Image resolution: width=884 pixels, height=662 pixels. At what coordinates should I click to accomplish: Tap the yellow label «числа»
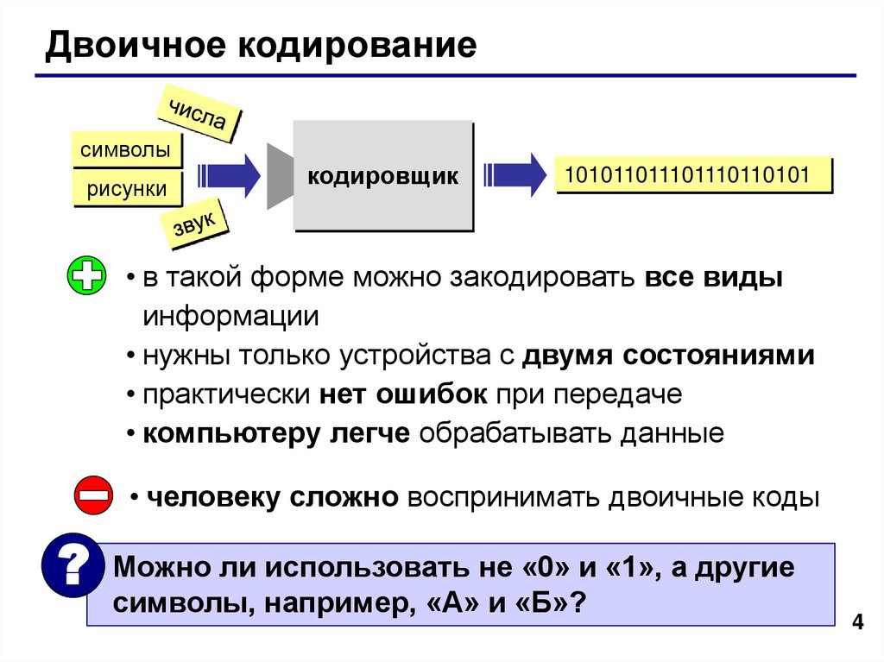point(198,117)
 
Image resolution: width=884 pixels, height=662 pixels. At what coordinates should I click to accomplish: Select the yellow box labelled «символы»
point(125,149)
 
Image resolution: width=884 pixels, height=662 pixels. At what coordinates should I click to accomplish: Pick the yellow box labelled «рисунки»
point(126,189)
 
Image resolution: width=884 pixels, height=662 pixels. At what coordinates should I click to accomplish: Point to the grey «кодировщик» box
point(383,176)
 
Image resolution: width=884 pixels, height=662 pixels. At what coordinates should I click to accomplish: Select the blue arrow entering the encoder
point(229,176)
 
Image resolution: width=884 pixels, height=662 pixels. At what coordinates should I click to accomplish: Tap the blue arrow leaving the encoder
point(515,175)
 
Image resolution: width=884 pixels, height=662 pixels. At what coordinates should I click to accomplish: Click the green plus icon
point(87,277)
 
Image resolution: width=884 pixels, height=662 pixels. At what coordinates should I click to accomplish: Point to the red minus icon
point(92,496)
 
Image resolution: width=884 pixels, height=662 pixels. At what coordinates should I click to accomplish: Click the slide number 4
point(857,623)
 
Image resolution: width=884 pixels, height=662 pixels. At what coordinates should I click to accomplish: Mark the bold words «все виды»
point(713,278)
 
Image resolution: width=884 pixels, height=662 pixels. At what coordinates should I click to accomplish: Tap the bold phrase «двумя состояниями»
point(668,355)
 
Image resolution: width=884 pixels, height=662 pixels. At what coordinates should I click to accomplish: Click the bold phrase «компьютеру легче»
point(276,432)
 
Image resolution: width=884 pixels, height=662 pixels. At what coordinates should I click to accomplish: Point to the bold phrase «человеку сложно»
point(272,498)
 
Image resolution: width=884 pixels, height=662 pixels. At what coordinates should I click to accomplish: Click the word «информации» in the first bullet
point(230,316)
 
